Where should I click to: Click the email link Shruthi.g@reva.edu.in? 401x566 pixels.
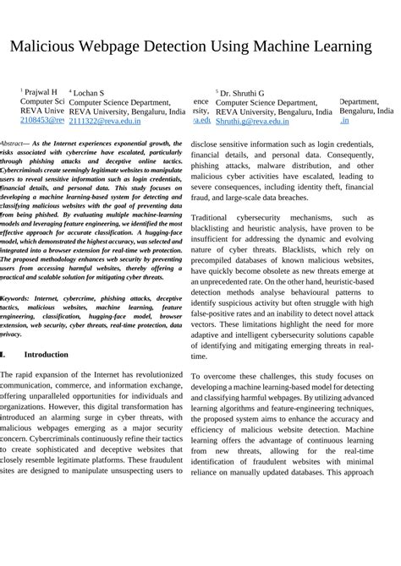tap(252, 122)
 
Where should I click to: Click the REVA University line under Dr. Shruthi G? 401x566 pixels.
tap(273, 112)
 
